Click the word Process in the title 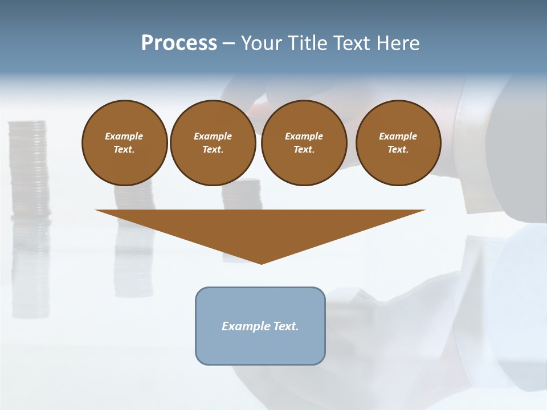tap(179, 43)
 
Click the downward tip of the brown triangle tap(261, 262)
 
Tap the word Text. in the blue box tap(285, 326)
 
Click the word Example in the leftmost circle tap(124, 136)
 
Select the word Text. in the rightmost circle tap(398, 149)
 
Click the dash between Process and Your tap(228, 43)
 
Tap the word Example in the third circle tap(304, 136)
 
